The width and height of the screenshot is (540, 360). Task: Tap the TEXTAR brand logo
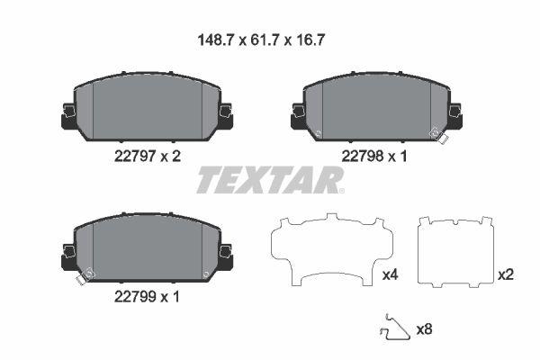click(x=270, y=180)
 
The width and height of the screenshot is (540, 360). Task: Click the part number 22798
click(x=363, y=155)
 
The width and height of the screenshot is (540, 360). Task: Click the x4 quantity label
click(x=390, y=274)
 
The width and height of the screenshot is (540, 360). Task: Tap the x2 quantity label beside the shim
click(x=507, y=274)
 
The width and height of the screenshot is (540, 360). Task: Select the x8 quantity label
click(x=424, y=329)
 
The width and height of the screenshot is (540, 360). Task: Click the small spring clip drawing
click(x=390, y=328)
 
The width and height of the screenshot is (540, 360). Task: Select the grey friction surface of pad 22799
click(x=147, y=247)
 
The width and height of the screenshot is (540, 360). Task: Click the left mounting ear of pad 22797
click(x=68, y=114)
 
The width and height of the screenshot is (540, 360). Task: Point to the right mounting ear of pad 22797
click(x=225, y=114)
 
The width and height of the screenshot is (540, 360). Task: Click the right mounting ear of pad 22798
click(x=455, y=114)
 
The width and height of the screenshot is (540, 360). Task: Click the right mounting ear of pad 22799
click(x=225, y=255)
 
